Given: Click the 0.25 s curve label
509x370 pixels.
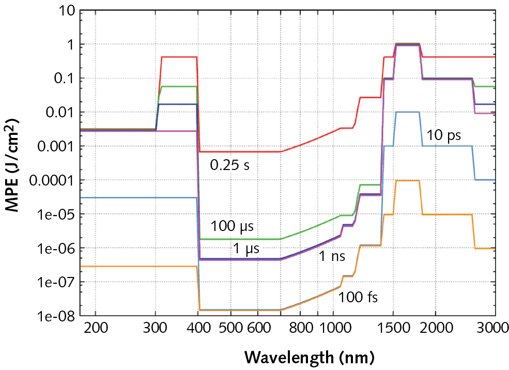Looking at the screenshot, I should click(229, 165).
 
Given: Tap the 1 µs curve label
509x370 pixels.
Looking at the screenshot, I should click(246, 248).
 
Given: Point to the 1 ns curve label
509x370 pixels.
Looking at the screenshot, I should click(331, 256).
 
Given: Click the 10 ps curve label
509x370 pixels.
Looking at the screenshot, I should click(443, 136).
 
